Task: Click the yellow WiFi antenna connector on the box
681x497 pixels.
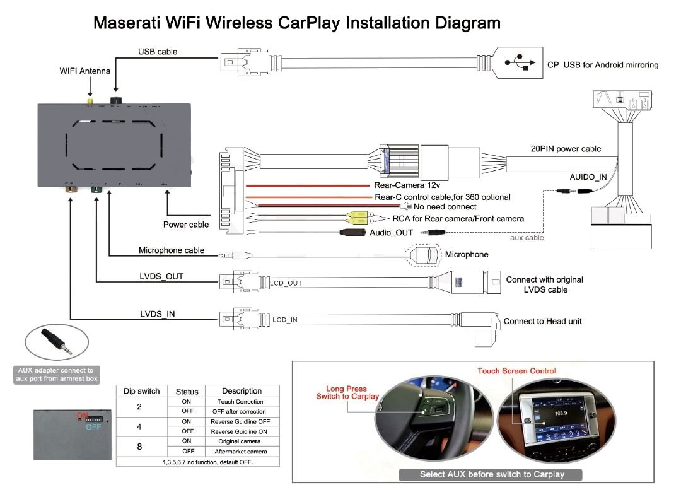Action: tap(91, 102)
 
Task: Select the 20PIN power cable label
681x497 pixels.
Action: tap(566, 149)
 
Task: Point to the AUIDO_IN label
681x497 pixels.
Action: tap(588, 177)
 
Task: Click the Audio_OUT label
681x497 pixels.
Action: tap(391, 233)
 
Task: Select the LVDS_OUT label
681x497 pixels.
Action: tap(161, 277)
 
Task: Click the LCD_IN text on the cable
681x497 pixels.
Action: tap(285, 320)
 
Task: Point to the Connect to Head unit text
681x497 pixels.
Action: tap(542, 321)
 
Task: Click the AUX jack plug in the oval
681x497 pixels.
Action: tap(55, 341)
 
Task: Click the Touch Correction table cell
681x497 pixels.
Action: tap(240, 402)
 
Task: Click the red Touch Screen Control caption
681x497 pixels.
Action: tap(516, 371)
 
